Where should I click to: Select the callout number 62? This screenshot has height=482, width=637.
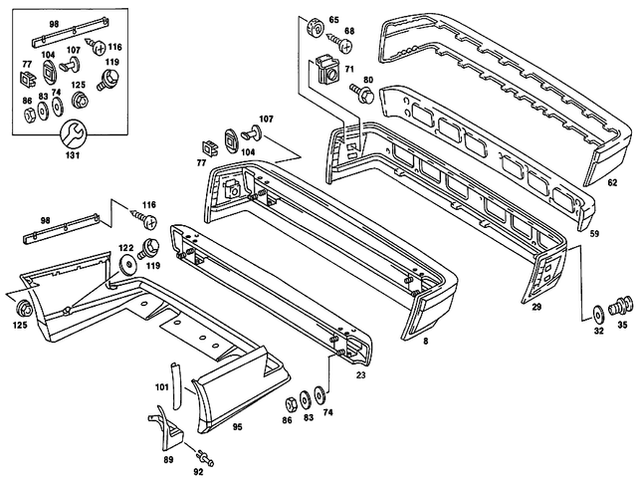613,183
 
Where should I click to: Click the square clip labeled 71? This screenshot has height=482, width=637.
326,71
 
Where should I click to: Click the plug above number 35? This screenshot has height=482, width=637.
623,303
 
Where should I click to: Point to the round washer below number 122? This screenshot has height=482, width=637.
128,267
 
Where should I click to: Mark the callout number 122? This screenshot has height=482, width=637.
126,246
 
